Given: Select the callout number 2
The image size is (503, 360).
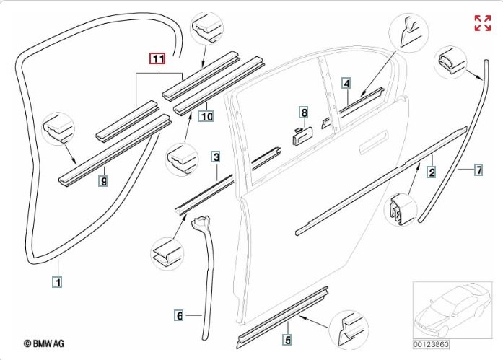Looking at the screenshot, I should tap(432, 172).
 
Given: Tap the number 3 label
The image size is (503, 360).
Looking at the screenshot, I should tap(216, 156).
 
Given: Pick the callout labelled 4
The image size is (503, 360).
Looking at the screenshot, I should tap(346, 84).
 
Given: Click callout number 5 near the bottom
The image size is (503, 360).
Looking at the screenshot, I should tap(287, 339).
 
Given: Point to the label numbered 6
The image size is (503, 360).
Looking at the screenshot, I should tap(179, 315).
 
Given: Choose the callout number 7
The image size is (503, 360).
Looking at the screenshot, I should tap(478, 170).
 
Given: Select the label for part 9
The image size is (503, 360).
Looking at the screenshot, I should tap(103, 181).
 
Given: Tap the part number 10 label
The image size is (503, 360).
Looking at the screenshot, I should tap(206, 116).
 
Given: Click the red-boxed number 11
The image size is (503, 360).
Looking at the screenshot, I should tap(157, 60).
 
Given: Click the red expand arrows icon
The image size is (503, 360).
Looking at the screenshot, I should tap(482, 23).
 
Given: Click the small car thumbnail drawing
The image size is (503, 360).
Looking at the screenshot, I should tap(451, 309).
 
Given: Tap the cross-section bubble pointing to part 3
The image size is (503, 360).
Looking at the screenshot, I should tap(168, 253).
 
